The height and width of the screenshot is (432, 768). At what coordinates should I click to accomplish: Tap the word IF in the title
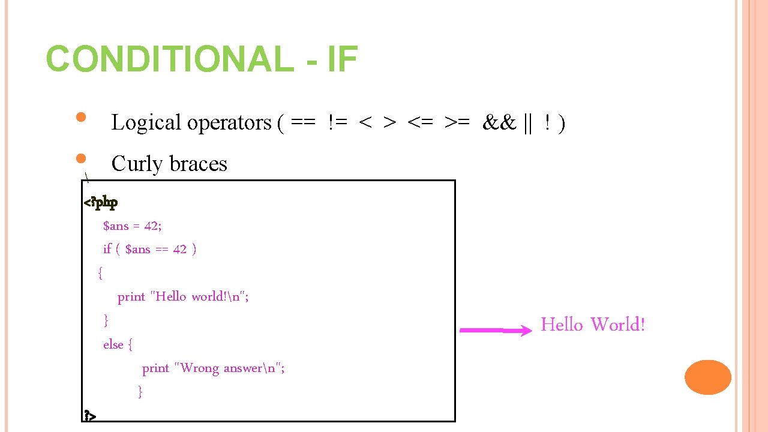tap(343, 59)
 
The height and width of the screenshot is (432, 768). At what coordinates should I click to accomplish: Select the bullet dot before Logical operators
tap(83, 117)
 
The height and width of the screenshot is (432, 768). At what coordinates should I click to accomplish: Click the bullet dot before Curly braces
tap(83, 159)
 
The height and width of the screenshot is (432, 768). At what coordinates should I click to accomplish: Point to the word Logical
tap(146, 123)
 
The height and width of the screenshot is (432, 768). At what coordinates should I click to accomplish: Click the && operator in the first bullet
tap(499, 123)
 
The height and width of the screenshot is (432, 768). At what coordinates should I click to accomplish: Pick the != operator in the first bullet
tap(338, 123)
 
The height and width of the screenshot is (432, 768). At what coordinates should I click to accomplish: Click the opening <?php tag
tap(101, 202)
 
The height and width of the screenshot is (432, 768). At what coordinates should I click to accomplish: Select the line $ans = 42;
tap(133, 226)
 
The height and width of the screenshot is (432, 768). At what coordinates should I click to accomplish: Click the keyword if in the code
tap(107, 249)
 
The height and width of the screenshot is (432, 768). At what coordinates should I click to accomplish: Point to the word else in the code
tap(113, 344)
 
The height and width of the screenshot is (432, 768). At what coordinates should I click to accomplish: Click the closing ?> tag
tap(90, 415)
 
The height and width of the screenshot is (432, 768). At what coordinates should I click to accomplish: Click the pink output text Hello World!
tap(592, 325)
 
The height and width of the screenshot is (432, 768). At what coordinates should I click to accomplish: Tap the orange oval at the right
tap(708, 377)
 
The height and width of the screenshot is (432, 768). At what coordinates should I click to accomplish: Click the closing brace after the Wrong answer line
tap(140, 392)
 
